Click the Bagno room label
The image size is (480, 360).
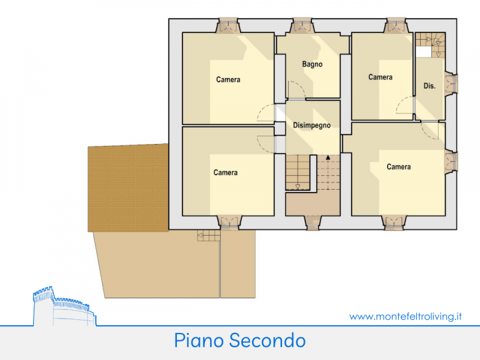[x=312, y=64]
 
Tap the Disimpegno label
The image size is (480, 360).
[x=311, y=125]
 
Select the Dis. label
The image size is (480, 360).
[x=429, y=86]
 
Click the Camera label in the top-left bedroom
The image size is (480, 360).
[x=228, y=80]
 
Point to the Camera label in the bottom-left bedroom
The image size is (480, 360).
[x=226, y=173]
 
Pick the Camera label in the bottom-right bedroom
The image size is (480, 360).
[x=398, y=167]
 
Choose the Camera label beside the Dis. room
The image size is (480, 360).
[x=380, y=77]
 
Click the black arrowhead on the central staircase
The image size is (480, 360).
[x=328, y=158]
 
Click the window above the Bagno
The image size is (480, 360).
[x=302, y=25]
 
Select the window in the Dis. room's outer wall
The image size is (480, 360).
[x=451, y=83]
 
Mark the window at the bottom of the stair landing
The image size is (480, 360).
[x=313, y=223]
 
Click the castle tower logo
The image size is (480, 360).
[x=64, y=307]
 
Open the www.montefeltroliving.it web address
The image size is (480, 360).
[x=406, y=316]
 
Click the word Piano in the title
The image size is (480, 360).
[x=199, y=340]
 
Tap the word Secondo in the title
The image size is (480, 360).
[x=267, y=340]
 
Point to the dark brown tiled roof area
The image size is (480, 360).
[x=128, y=188]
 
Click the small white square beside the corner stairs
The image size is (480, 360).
[x=424, y=52]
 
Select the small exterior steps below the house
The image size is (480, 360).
[x=209, y=235]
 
